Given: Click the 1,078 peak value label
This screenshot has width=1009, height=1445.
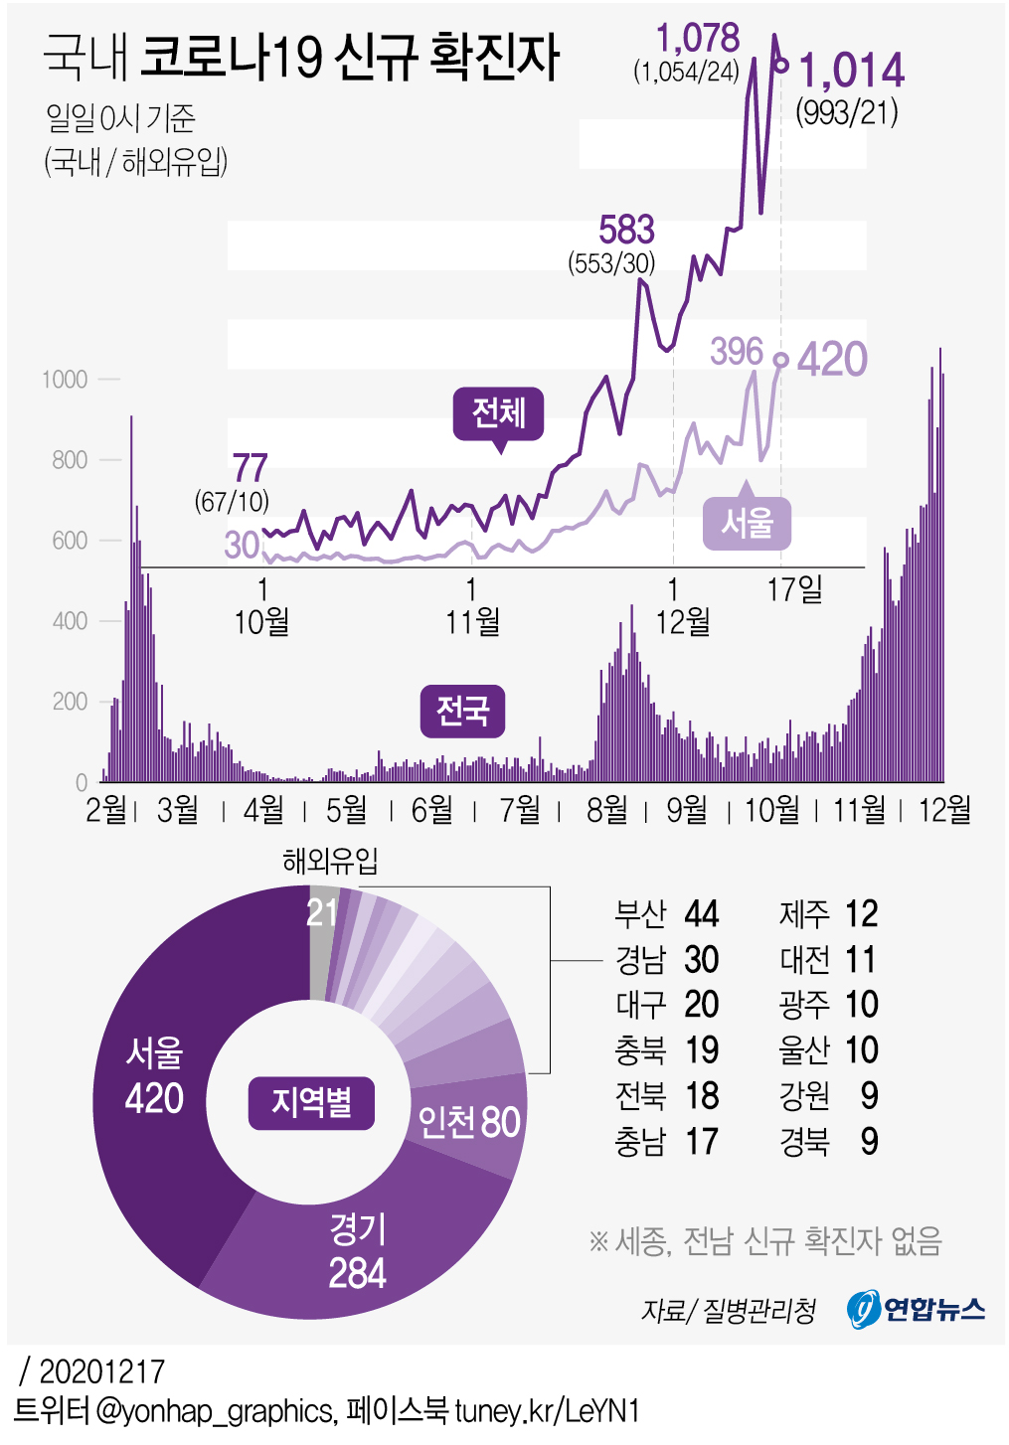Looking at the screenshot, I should [x=698, y=38].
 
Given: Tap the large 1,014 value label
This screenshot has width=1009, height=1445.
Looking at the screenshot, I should [x=852, y=71].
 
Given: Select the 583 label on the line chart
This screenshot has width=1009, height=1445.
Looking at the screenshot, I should [x=626, y=230].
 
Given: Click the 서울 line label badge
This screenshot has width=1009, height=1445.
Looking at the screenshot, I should [x=747, y=523].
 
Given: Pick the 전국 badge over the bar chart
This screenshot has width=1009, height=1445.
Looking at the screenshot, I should [x=462, y=711].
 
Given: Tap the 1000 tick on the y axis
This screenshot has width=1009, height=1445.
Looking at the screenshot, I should [x=65, y=380].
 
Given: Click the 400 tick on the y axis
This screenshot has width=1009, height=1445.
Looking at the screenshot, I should [x=70, y=621].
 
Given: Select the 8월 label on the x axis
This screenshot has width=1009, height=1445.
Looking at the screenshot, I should [x=606, y=810].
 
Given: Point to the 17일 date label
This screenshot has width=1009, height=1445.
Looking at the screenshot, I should [x=794, y=589].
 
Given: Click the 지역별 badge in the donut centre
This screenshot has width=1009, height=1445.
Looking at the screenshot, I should [x=311, y=1102].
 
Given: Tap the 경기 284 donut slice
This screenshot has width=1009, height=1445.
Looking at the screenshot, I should [x=357, y=1251].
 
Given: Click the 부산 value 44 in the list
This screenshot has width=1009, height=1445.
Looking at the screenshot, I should [x=701, y=913].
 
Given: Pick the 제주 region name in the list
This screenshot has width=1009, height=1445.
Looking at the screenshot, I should [x=804, y=913].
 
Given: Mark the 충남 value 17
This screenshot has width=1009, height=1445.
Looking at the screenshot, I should [x=701, y=1142].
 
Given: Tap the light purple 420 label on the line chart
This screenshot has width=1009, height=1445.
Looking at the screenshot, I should [x=832, y=359].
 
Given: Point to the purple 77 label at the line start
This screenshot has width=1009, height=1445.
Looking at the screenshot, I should [x=251, y=467].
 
